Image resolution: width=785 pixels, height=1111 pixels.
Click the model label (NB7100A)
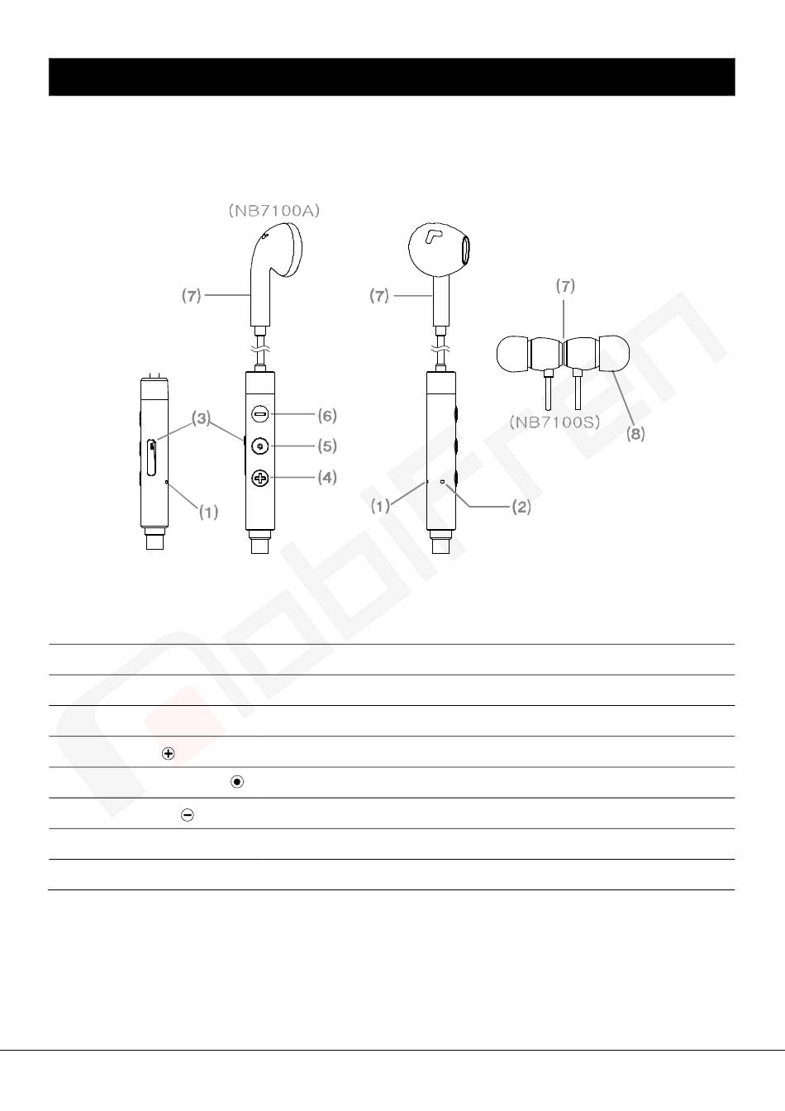[x=274, y=211]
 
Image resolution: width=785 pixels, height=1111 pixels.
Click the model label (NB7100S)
[x=554, y=422]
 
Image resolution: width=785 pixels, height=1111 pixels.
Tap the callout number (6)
[x=327, y=416]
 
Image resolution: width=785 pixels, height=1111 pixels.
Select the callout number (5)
[x=327, y=446]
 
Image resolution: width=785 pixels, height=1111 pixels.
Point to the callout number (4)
[x=327, y=477]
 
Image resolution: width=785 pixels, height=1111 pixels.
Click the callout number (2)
[x=521, y=507]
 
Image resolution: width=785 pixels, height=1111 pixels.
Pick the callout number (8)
[x=635, y=434]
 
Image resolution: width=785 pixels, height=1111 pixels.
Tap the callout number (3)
[x=201, y=418]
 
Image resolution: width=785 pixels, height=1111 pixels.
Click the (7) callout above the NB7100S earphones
[x=565, y=286]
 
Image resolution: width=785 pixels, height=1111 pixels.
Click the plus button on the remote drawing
[x=260, y=478]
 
